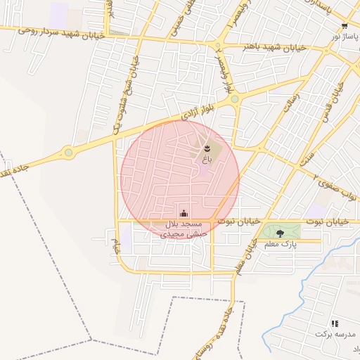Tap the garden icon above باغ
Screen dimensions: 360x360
coord(207,148)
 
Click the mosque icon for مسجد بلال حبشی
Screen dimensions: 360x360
coord(184,213)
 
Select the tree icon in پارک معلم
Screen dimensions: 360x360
coord(280,233)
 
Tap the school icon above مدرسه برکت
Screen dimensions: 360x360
coord(335,323)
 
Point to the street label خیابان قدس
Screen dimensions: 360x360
coord(332,105)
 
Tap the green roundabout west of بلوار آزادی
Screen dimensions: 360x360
coord(68,152)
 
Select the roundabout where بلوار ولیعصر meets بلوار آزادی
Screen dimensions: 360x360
coord(234,100)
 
